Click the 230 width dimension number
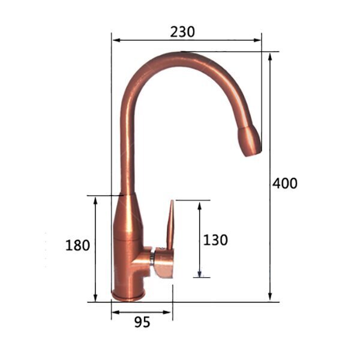(182, 32)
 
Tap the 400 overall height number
(284, 183)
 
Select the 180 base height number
(77, 245)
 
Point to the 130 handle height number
(215, 240)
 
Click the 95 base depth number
(142, 322)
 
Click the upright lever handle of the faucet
(170, 225)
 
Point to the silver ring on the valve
(152, 258)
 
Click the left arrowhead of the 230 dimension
(116, 40)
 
